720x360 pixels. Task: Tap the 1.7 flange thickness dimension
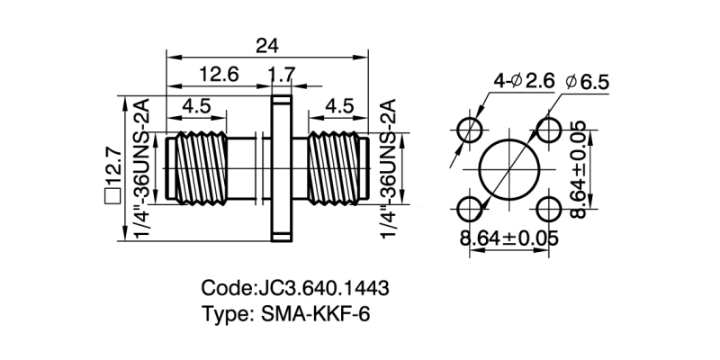click(283, 75)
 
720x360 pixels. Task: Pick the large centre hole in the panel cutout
click(508, 170)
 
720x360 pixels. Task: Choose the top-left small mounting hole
click(470, 130)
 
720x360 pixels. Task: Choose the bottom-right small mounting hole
click(548, 210)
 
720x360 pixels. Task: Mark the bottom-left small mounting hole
click(470, 210)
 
